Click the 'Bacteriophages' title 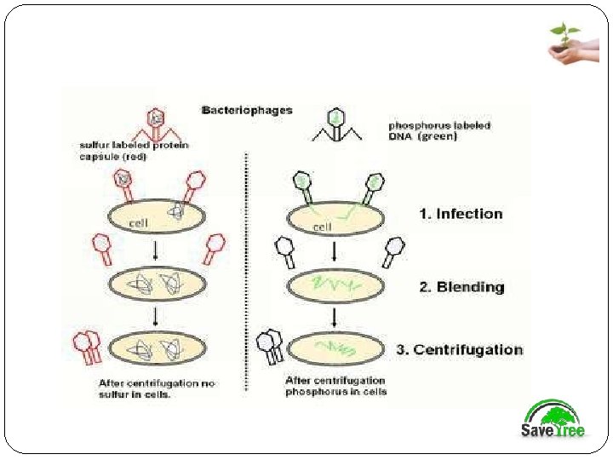[x=247, y=110]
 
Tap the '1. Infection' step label [x=461, y=214]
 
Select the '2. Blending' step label [x=461, y=287]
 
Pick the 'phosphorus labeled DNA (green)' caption [x=438, y=131]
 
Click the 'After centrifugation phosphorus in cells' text [x=335, y=386]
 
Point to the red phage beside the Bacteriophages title [x=156, y=124]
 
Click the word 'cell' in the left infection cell [x=139, y=223]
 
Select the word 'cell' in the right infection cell [x=322, y=227]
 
